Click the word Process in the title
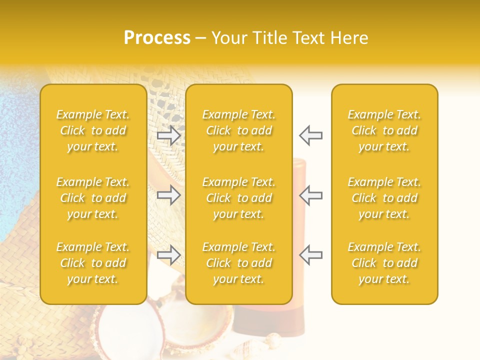point(157,38)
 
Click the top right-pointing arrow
point(169,135)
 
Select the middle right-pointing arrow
point(169,195)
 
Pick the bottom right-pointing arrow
point(169,255)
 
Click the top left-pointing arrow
point(310,135)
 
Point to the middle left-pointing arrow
point(310,195)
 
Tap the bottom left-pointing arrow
point(310,255)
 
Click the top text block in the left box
point(93,130)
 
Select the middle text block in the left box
point(93,198)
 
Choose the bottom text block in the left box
point(93,263)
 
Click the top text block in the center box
point(239,130)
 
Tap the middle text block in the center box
point(239,198)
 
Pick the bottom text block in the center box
point(239,263)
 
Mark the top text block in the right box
point(384,130)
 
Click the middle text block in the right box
point(384,198)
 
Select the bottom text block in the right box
point(384,263)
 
